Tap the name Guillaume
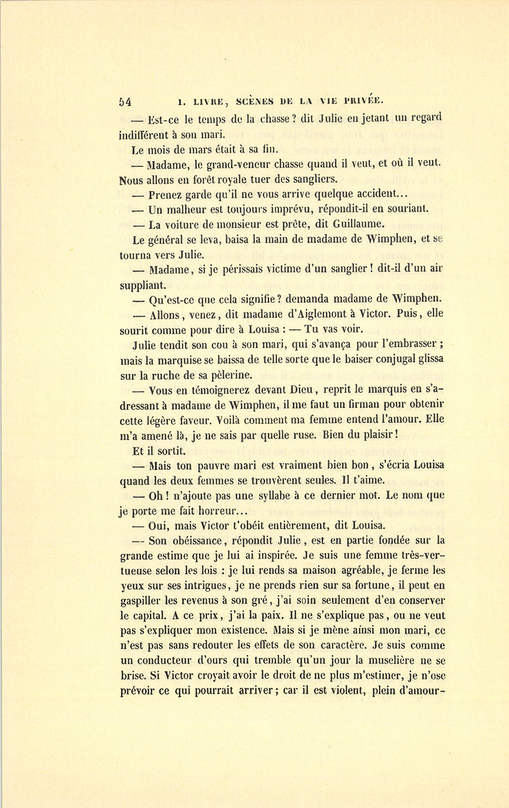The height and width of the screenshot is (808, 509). (358, 223)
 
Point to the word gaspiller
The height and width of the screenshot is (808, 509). (141, 600)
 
